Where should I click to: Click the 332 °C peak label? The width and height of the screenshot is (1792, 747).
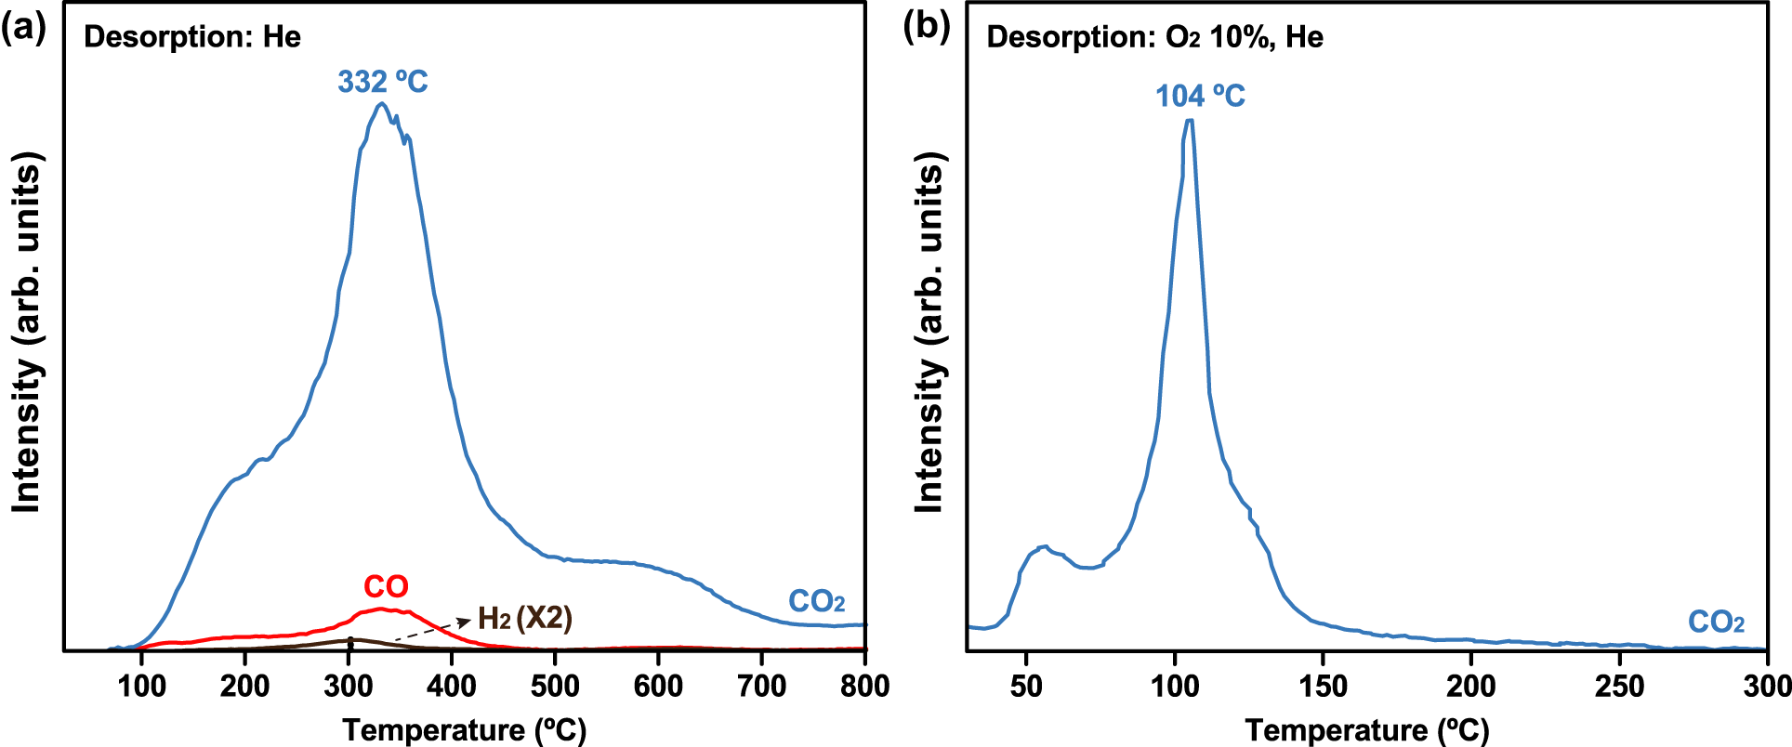382,82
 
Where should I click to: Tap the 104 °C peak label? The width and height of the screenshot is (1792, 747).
1200,96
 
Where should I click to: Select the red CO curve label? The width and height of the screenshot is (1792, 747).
386,587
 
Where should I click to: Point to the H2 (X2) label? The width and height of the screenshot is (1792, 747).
525,618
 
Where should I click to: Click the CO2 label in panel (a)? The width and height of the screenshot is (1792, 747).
816,602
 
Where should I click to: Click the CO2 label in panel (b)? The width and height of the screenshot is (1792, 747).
1716,622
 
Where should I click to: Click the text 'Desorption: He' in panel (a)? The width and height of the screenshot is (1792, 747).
192,37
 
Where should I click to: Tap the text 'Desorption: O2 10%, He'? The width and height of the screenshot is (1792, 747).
1154,37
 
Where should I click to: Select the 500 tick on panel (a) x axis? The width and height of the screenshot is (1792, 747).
555,686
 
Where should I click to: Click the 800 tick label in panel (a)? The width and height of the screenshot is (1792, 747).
864,686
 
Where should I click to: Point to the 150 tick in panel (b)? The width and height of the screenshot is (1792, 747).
1323,686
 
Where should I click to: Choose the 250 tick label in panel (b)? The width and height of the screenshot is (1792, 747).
1619,686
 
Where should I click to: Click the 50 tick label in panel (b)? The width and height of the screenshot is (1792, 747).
1026,686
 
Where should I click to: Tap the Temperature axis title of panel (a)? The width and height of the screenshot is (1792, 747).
465,730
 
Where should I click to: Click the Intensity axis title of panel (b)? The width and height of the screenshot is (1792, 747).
929,332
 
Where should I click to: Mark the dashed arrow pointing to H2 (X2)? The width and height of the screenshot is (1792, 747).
431,630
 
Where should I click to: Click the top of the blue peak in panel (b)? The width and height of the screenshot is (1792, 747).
1189,121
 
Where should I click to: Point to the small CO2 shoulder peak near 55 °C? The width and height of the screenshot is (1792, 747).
1043,547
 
